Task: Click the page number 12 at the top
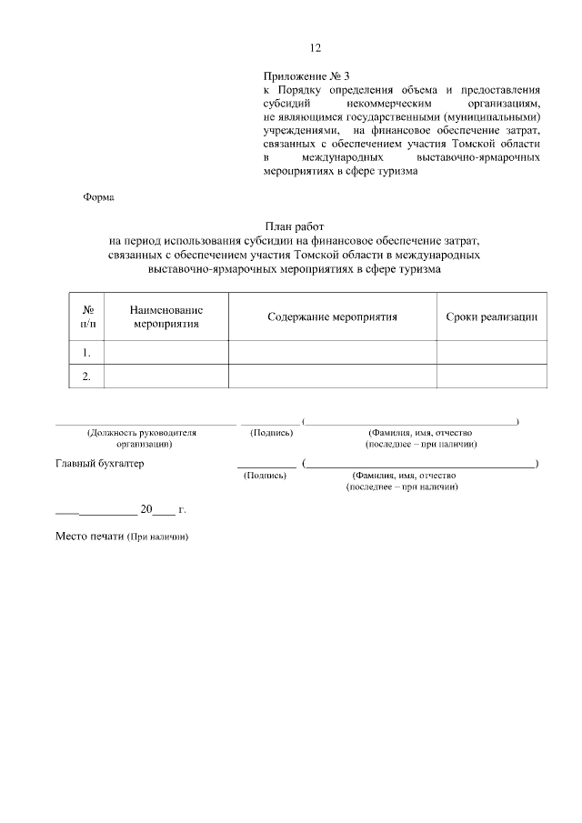316,48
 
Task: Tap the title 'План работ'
294,226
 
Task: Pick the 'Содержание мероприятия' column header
332,316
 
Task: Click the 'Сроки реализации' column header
491,316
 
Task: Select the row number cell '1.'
87,352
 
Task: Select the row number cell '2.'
87,376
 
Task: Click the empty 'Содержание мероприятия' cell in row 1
332,352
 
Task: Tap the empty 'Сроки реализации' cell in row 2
491,376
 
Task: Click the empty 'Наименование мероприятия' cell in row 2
166,376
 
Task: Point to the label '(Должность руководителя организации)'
142,438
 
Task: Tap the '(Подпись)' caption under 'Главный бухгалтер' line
264,476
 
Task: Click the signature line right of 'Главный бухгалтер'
266,466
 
